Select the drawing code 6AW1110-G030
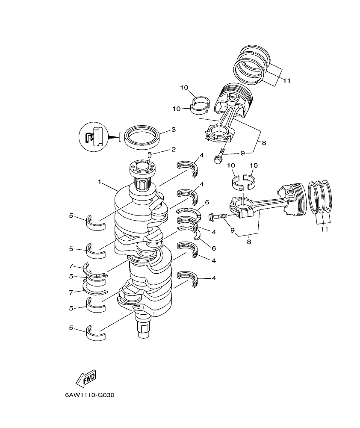pyautogui.click(x=90, y=395)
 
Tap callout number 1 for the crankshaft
pyautogui.click(x=99, y=182)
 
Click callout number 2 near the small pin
pyautogui.click(x=174, y=150)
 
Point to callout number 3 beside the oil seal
pyautogui.click(x=174, y=129)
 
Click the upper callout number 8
pyautogui.click(x=264, y=143)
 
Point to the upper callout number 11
pyautogui.click(x=286, y=81)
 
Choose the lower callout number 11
pyautogui.click(x=324, y=230)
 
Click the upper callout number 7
pyautogui.click(x=72, y=266)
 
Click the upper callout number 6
pyautogui.click(x=207, y=202)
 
